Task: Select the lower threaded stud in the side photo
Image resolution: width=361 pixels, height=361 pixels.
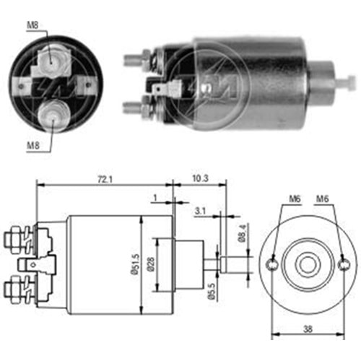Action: coord(134,108)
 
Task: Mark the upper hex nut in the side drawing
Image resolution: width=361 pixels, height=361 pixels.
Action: coord(17,237)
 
